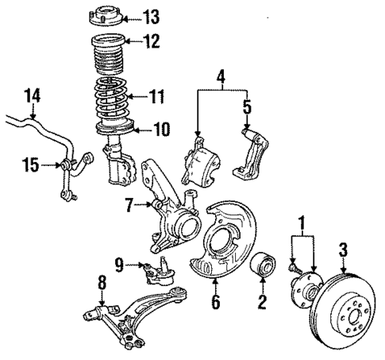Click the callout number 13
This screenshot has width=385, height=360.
coord(151,16)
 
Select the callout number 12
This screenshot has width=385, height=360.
coord(151,41)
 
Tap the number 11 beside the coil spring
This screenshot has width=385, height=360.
coord(158,98)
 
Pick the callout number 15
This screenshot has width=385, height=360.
coord(29,165)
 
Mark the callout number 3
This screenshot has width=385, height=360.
coord(343,251)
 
